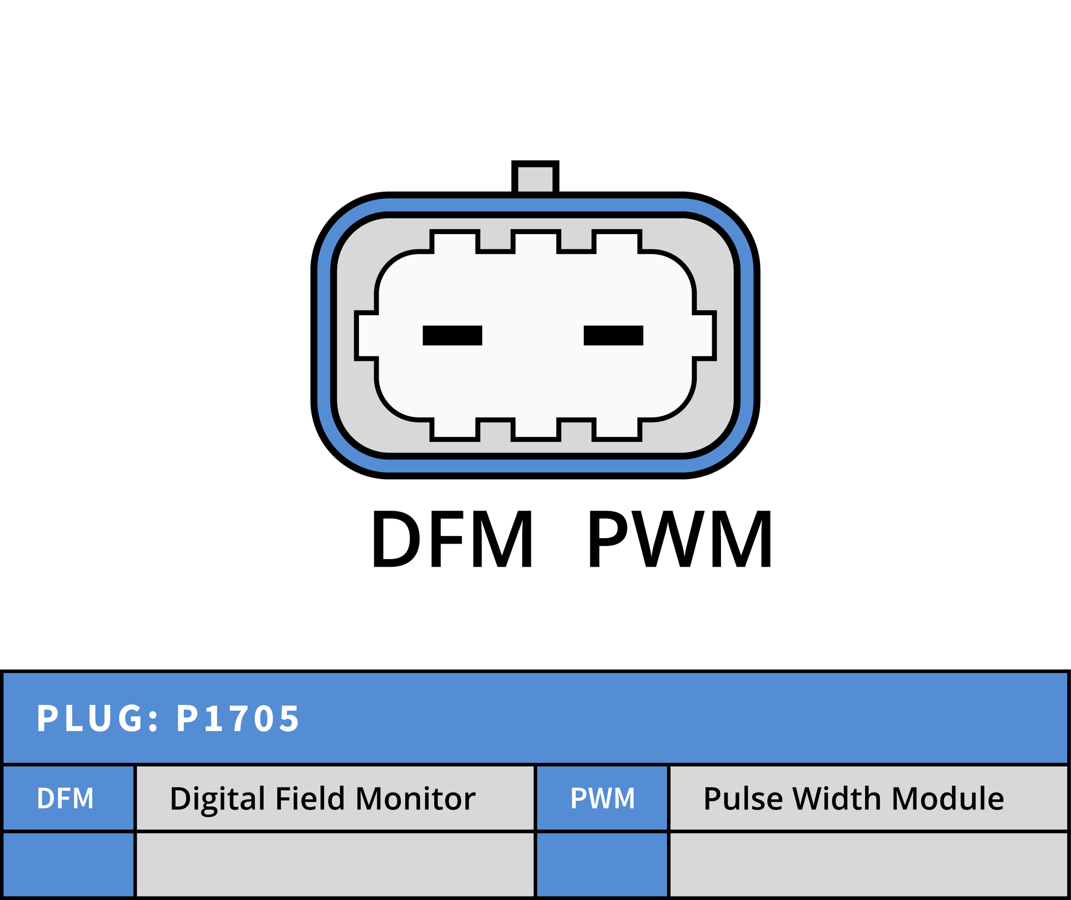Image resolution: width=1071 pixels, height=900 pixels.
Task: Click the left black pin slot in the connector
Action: pyautogui.click(x=452, y=335)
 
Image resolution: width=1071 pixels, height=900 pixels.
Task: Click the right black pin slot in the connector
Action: pyautogui.click(x=614, y=335)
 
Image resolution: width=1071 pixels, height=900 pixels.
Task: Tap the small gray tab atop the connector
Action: pyautogui.click(x=535, y=177)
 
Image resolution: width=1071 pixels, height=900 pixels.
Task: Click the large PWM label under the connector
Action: pyautogui.click(x=680, y=539)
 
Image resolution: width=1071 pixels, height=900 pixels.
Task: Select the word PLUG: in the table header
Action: pyautogui.click(x=98, y=719)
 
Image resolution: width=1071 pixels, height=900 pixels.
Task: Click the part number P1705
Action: pyautogui.click(x=238, y=719)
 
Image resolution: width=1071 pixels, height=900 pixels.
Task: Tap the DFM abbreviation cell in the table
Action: pyautogui.click(x=69, y=798)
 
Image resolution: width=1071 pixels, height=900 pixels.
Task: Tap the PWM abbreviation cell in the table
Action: pyautogui.click(x=602, y=798)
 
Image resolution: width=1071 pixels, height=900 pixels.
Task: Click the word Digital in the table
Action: pyautogui.click(x=218, y=799)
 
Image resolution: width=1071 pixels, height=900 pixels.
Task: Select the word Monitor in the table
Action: pyautogui.click(x=416, y=799)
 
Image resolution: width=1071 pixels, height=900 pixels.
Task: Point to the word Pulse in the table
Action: pyautogui.click(x=743, y=799)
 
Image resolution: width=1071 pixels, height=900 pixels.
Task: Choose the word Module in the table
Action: pyautogui.click(x=948, y=799)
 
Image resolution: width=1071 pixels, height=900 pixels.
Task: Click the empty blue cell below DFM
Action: pyautogui.click(x=69, y=865)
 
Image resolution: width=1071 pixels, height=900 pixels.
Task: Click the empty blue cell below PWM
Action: pyautogui.click(x=602, y=865)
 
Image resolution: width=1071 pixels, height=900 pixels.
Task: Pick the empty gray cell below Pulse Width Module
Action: pyautogui.click(x=869, y=865)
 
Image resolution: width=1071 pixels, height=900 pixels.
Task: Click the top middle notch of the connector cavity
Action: pyautogui.click(x=535, y=241)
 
